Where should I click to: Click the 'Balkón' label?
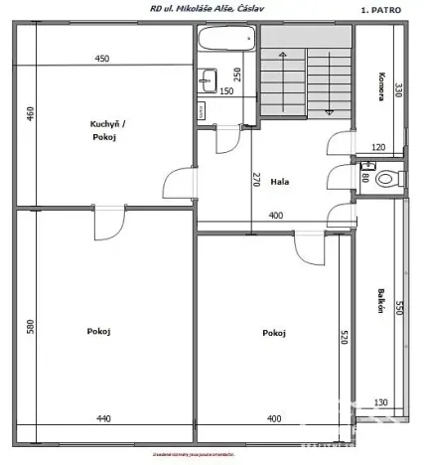[381, 301]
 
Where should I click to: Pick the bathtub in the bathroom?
[226, 42]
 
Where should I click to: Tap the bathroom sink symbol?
[210, 79]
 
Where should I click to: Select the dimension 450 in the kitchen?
[102, 59]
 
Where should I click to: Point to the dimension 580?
[29, 325]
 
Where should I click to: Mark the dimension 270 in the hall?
[256, 180]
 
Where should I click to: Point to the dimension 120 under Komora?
[377, 148]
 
